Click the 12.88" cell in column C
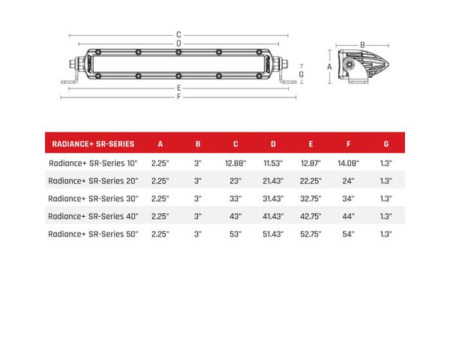235,162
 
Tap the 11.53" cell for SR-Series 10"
272,162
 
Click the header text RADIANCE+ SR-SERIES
94,143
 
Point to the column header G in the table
385,143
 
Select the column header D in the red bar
272,143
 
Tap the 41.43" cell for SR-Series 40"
272,216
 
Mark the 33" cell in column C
235,198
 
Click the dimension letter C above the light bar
178,34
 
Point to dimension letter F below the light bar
178,95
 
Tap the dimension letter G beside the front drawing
301,74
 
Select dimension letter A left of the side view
329,66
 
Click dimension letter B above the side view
362,44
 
